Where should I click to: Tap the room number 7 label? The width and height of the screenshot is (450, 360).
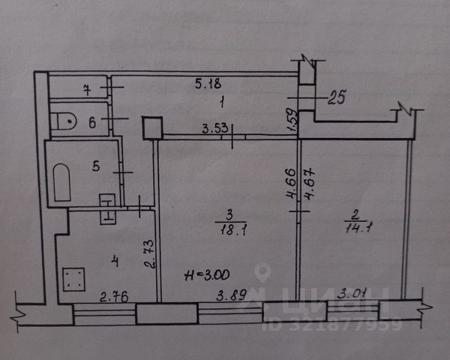[88, 90]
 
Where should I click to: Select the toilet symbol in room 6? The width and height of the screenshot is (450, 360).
[65, 120]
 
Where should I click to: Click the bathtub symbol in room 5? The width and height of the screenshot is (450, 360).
[61, 184]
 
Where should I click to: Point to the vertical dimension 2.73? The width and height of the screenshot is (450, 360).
[149, 255]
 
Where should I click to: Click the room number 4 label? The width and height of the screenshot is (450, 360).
[114, 260]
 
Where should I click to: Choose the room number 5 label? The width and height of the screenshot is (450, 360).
[96, 167]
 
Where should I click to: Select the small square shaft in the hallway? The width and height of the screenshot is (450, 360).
[152, 127]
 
